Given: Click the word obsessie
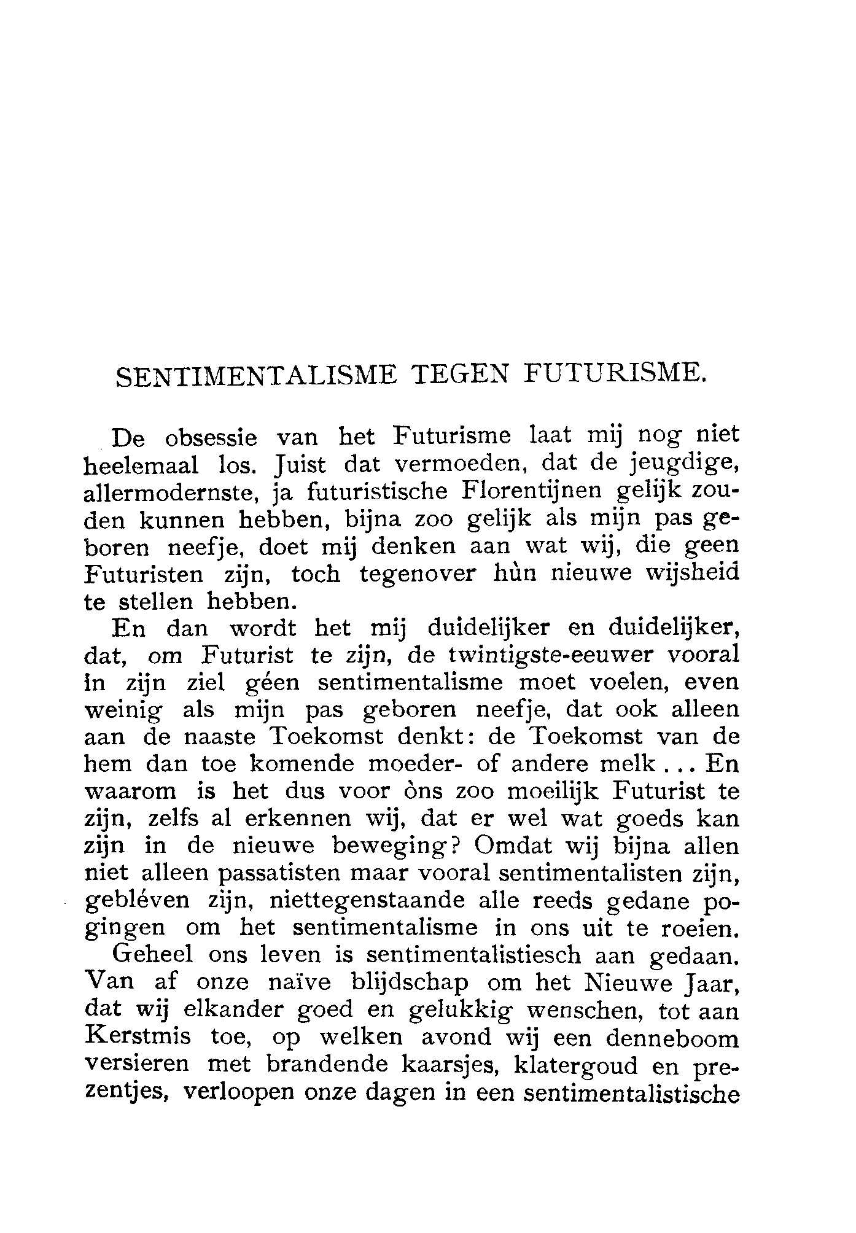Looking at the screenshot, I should pyautogui.click(x=211, y=437).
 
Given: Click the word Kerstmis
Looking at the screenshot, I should pyautogui.click(x=138, y=1037).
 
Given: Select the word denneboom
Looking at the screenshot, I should pyautogui.click(x=672, y=1038).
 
